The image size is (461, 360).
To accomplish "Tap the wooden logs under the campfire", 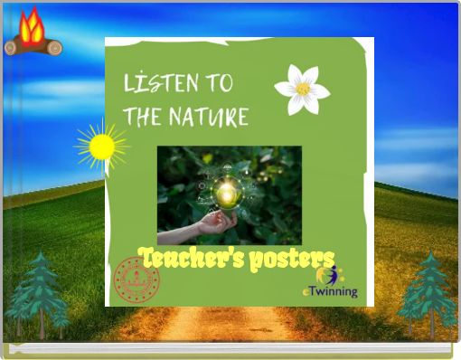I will coord(33,45).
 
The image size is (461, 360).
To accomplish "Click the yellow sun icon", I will coord(101,146).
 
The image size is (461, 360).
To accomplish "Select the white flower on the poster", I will coord(302,90).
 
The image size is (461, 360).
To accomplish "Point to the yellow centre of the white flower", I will coord(303,90).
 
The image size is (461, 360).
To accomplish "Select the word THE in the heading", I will coord(142,117).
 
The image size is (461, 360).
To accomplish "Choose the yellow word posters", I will coord(292,259).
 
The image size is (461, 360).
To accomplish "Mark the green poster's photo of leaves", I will coord(271,181).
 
